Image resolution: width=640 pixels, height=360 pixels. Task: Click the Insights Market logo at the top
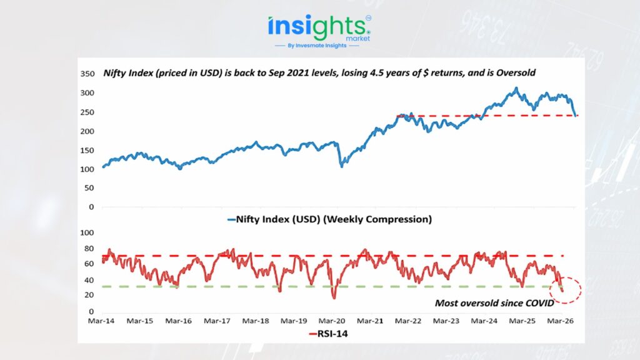[319, 28]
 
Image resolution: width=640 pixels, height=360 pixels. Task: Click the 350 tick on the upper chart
[87, 74]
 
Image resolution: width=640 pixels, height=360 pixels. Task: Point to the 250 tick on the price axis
[87, 112]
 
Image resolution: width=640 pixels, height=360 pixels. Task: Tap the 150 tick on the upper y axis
[87, 150]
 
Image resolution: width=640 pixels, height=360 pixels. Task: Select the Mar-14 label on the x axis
[102, 321]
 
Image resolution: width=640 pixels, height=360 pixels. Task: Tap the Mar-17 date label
[217, 321]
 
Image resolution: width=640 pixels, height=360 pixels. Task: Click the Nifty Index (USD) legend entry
[332, 219]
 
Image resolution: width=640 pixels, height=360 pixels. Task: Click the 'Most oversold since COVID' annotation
[494, 304]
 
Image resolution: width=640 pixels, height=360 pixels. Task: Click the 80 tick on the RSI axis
[89, 248]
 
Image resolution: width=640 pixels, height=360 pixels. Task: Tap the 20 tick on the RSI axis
[89, 296]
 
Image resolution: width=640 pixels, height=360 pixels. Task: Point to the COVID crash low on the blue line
[341, 166]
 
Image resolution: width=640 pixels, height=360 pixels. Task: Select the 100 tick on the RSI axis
[87, 232]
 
